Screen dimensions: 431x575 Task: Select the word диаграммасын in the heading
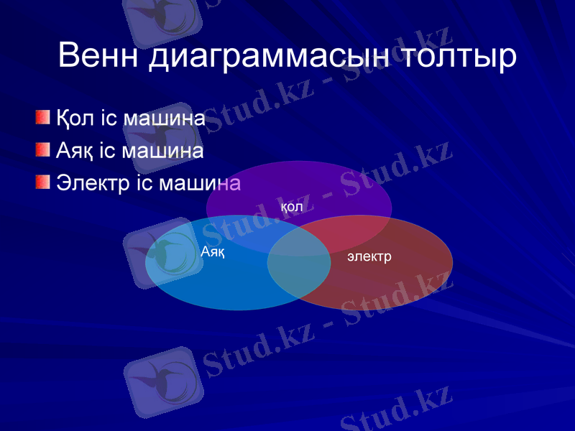(270, 55)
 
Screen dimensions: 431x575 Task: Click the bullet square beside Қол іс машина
(44, 117)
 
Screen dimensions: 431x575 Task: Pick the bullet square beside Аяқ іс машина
(44, 149)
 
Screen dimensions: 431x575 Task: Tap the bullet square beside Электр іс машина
(44, 182)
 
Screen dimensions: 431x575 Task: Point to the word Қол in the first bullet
(75, 118)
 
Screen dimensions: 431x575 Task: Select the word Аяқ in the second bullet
(75, 151)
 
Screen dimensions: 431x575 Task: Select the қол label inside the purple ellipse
(290, 207)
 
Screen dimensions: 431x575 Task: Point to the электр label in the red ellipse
(369, 256)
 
